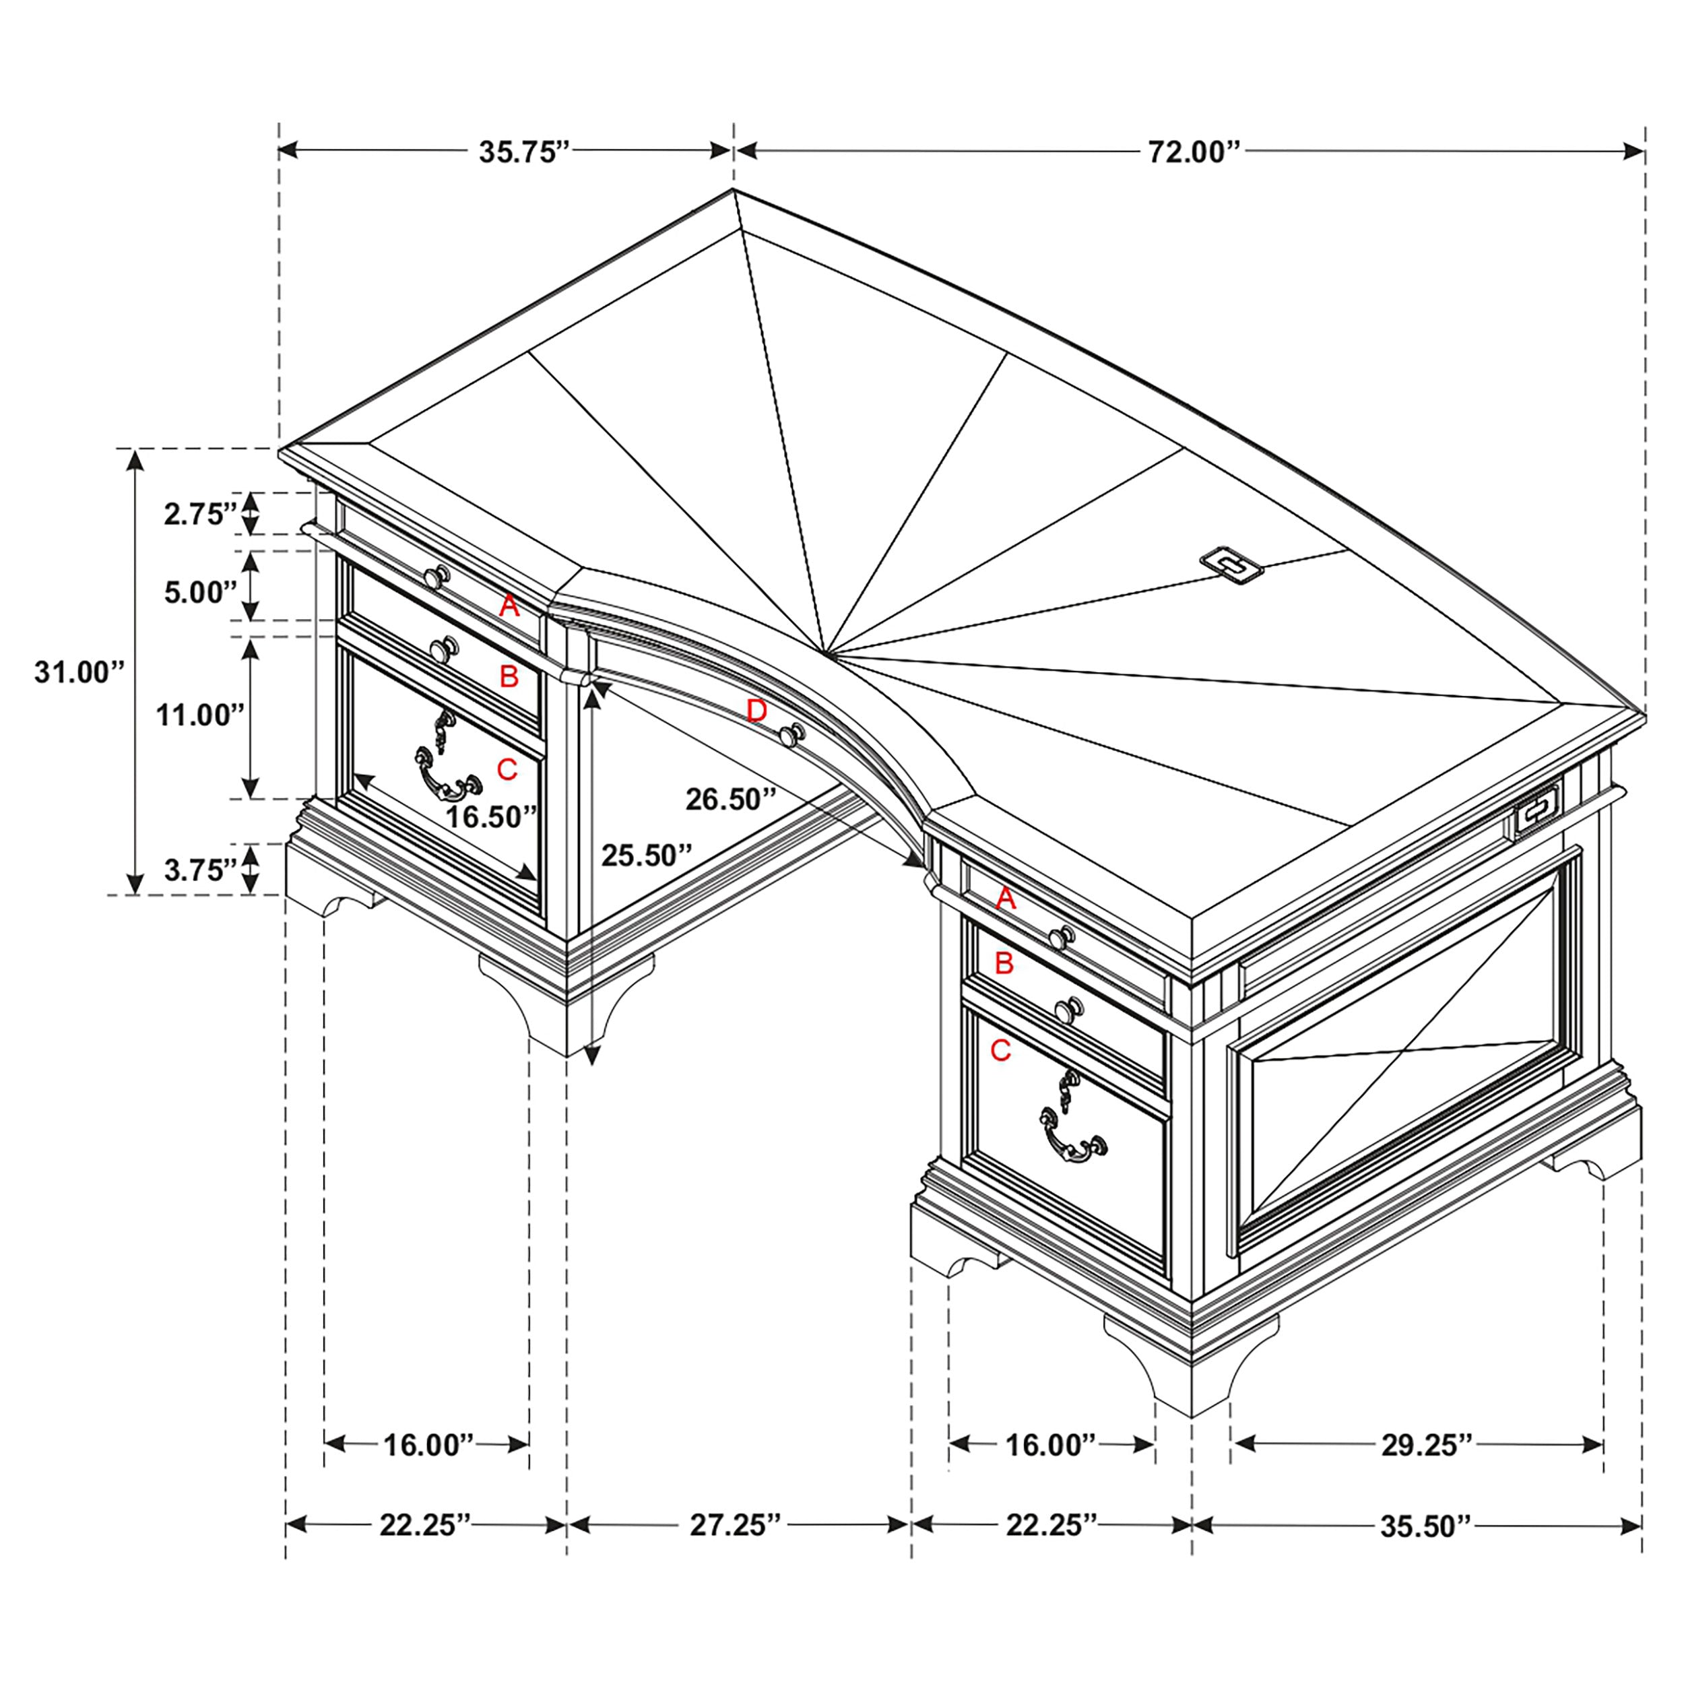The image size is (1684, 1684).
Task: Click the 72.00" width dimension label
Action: point(1193,152)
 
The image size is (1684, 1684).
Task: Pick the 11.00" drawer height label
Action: point(199,715)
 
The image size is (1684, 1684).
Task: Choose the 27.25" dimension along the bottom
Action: point(736,1525)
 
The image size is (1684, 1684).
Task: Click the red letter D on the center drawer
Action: point(756,711)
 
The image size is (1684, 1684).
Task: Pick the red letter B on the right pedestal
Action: point(1004,963)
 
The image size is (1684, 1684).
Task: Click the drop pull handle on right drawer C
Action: point(1072,1138)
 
